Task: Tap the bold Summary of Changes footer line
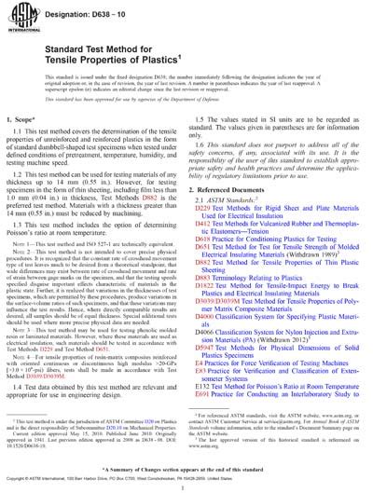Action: [x=186, y=471]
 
